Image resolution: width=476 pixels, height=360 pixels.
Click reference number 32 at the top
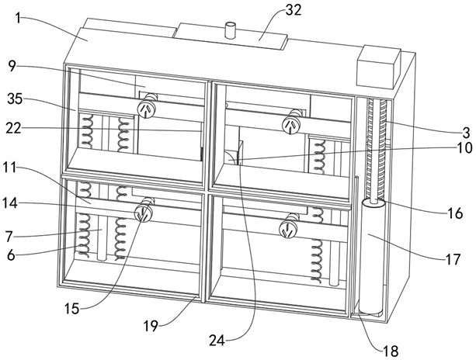[x=294, y=10]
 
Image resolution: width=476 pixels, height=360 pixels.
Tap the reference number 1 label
[x=18, y=18]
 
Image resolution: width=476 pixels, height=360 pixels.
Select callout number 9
[x=12, y=66]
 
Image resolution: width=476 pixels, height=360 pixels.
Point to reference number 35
[x=16, y=99]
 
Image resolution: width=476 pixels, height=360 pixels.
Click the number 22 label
[x=14, y=129]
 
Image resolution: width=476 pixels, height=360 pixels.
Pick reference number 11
[x=10, y=167]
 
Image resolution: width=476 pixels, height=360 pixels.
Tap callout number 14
[x=10, y=203]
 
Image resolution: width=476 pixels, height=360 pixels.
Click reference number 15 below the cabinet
[x=71, y=309]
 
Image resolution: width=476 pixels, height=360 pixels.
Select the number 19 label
[x=151, y=326]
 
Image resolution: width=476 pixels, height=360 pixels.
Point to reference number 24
[x=217, y=341]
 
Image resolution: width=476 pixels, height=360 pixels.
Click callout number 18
[x=391, y=351]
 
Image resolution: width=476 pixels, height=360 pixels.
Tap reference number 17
[x=453, y=259]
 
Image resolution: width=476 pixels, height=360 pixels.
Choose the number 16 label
[x=455, y=213]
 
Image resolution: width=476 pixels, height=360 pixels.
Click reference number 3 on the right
[x=466, y=133]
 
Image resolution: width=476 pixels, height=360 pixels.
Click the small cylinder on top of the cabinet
[x=231, y=30]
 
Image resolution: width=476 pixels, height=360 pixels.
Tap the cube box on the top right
[x=379, y=67]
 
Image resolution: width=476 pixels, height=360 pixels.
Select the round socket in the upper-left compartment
[x=146, y=109]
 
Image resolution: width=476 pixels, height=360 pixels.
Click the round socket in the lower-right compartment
[x=288, y=229]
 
